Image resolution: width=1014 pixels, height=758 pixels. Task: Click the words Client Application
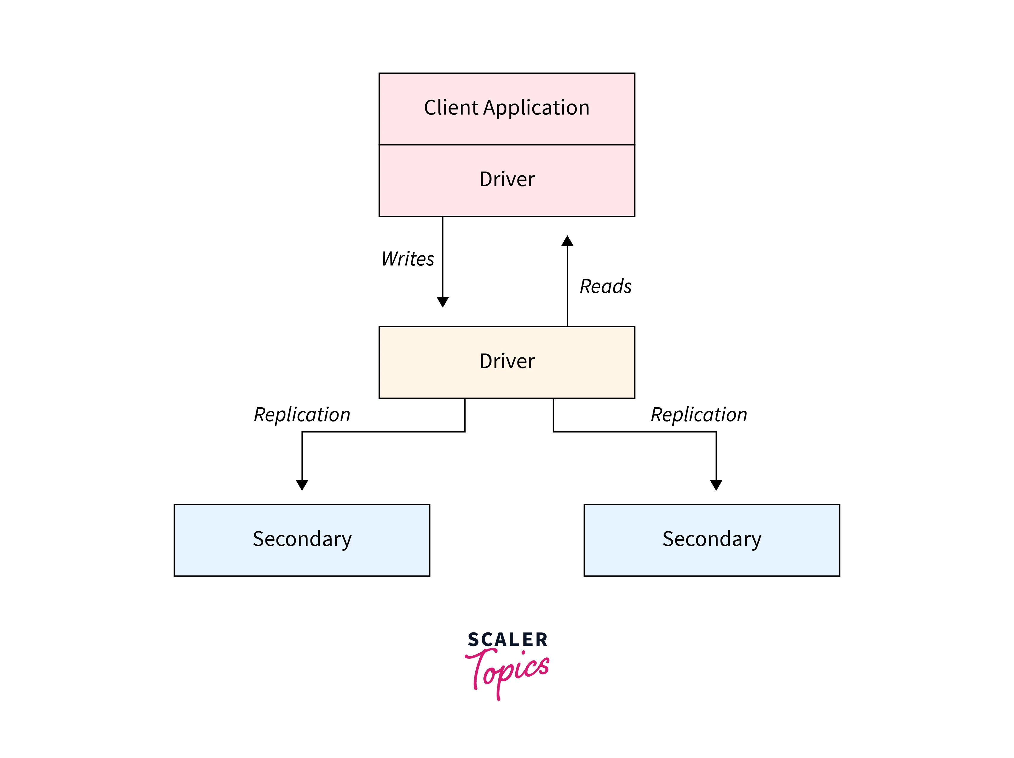pos(506,108)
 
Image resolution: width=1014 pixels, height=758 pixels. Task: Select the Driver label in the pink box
pos(507,179)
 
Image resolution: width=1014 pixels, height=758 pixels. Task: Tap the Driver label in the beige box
pos(507,361)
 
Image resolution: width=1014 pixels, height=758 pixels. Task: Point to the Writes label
pos(407,259)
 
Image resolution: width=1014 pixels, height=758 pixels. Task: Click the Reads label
pos(605,287)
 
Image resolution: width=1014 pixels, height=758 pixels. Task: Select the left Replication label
pos(302,415)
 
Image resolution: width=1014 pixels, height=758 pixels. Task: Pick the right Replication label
pos(699,415)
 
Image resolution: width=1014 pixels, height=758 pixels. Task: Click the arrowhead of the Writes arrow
pos(443,302)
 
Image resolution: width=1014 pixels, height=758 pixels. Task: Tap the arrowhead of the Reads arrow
pos(568,241)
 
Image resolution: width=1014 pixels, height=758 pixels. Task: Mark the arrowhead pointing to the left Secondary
pos(302,485)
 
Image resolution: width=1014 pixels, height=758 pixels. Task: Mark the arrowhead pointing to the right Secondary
pos(716,485)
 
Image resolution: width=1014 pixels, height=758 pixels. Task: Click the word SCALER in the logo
pos(508,640)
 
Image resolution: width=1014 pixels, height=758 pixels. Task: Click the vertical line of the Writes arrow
pos(443,257)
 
